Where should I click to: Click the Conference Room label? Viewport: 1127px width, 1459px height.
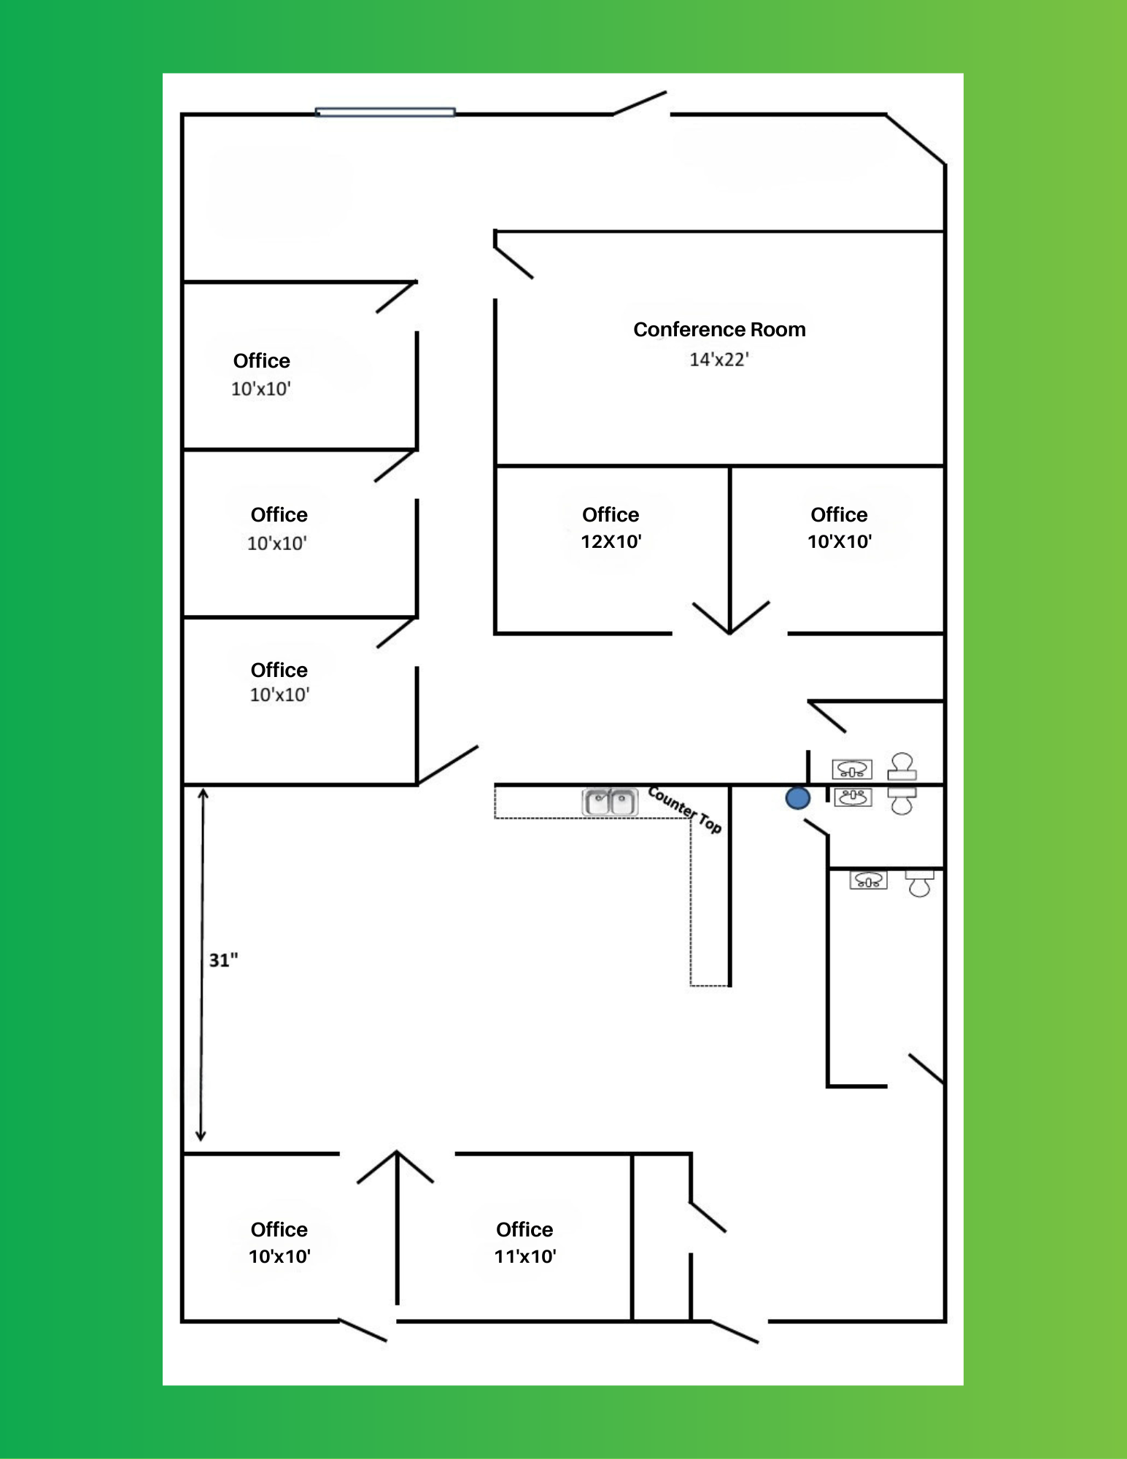[x=719, y=330]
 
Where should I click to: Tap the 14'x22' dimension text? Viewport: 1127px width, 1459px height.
[x=719, y=360]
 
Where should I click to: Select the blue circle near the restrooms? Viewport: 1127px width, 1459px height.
[x=798, y=798]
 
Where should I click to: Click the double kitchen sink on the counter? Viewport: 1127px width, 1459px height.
[x=610, y=802]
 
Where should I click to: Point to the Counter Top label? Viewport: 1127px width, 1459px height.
[x=684, y=809]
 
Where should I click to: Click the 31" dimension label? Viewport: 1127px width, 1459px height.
[x=223, y=960]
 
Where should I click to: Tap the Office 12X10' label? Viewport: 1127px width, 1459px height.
[x=611, y=527]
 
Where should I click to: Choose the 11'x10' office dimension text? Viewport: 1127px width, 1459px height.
[x=525, y=1256]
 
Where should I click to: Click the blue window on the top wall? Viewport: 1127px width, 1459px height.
[x=385, y=112]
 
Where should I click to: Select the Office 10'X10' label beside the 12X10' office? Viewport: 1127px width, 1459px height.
[x=839, y=527]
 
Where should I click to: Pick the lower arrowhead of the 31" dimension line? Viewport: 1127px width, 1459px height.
[x=201, y=1136]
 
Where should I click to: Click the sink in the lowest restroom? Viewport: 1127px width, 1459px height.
[x=868, y=880]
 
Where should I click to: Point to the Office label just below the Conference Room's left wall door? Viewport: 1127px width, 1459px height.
[x=611, y=514]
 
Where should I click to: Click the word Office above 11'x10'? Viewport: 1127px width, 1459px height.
[x=524, y=1229]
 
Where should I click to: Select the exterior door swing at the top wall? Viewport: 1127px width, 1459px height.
[x=640, y=103]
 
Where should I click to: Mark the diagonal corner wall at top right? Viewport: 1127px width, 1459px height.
[x=915, y=139]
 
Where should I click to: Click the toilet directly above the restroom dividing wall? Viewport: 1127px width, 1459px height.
[x=902, y=766]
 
